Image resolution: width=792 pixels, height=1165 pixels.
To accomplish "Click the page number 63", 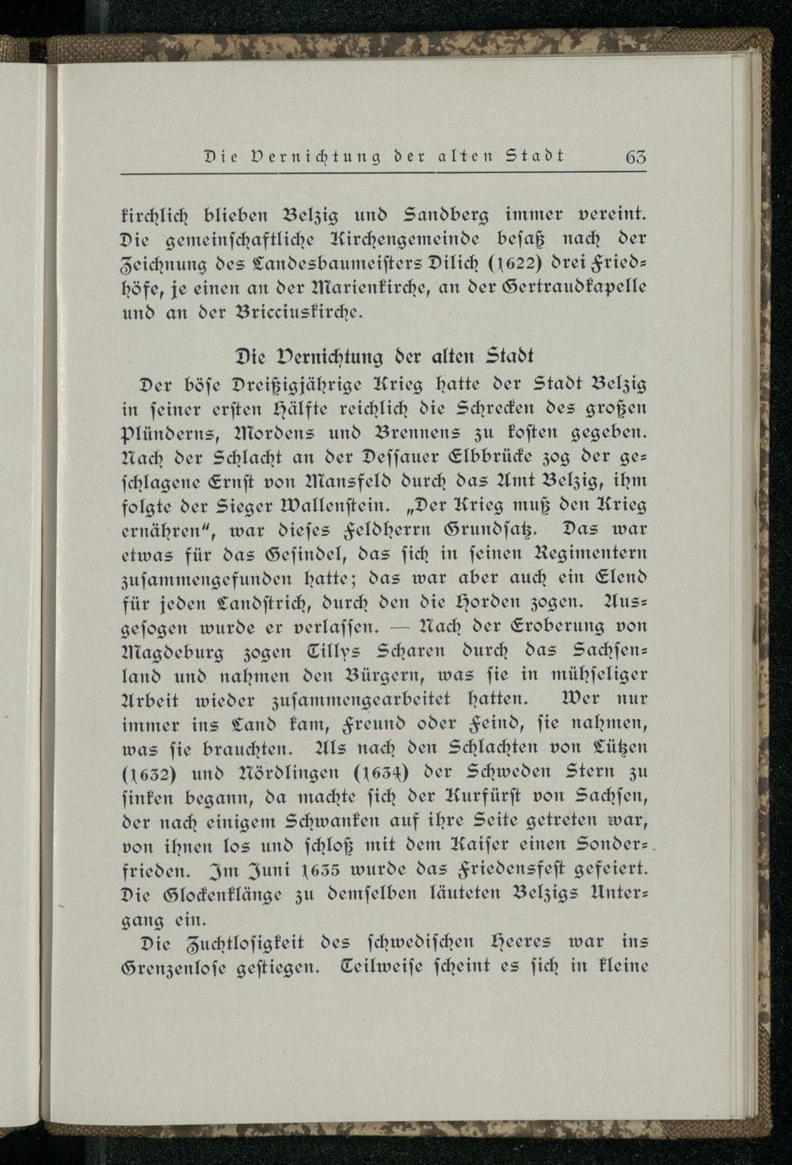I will coord(634,156).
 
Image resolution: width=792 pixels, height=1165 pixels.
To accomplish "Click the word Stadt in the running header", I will coord(536,155).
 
